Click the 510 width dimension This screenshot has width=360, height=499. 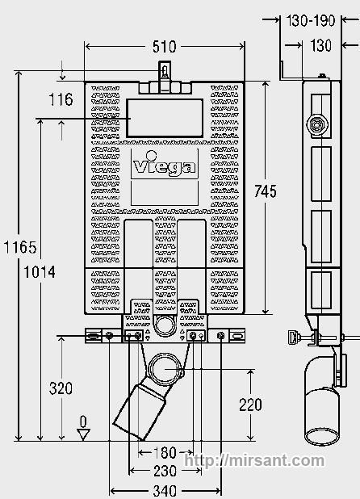(164, 47)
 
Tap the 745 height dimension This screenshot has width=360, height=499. (266, 191)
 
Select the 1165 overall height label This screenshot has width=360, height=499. (20, 247)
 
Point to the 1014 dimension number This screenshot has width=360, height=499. (40, 272)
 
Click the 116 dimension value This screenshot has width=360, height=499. (61, 99)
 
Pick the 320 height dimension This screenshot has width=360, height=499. (61, 388)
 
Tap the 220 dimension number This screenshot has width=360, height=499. (250, 405)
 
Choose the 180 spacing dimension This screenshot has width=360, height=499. (165, 452)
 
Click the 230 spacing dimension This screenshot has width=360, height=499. (165, 471)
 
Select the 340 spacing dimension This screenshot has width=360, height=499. (165, 491)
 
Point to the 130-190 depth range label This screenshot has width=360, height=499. (311, 21)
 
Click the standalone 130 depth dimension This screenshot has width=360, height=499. (321, 45)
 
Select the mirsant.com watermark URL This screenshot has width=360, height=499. (255, 461)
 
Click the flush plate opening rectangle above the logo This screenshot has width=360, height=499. (165, 119)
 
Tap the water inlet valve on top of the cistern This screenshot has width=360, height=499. (165, 70)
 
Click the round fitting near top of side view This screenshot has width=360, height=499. (317, 124)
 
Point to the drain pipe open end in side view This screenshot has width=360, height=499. (321, 437)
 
